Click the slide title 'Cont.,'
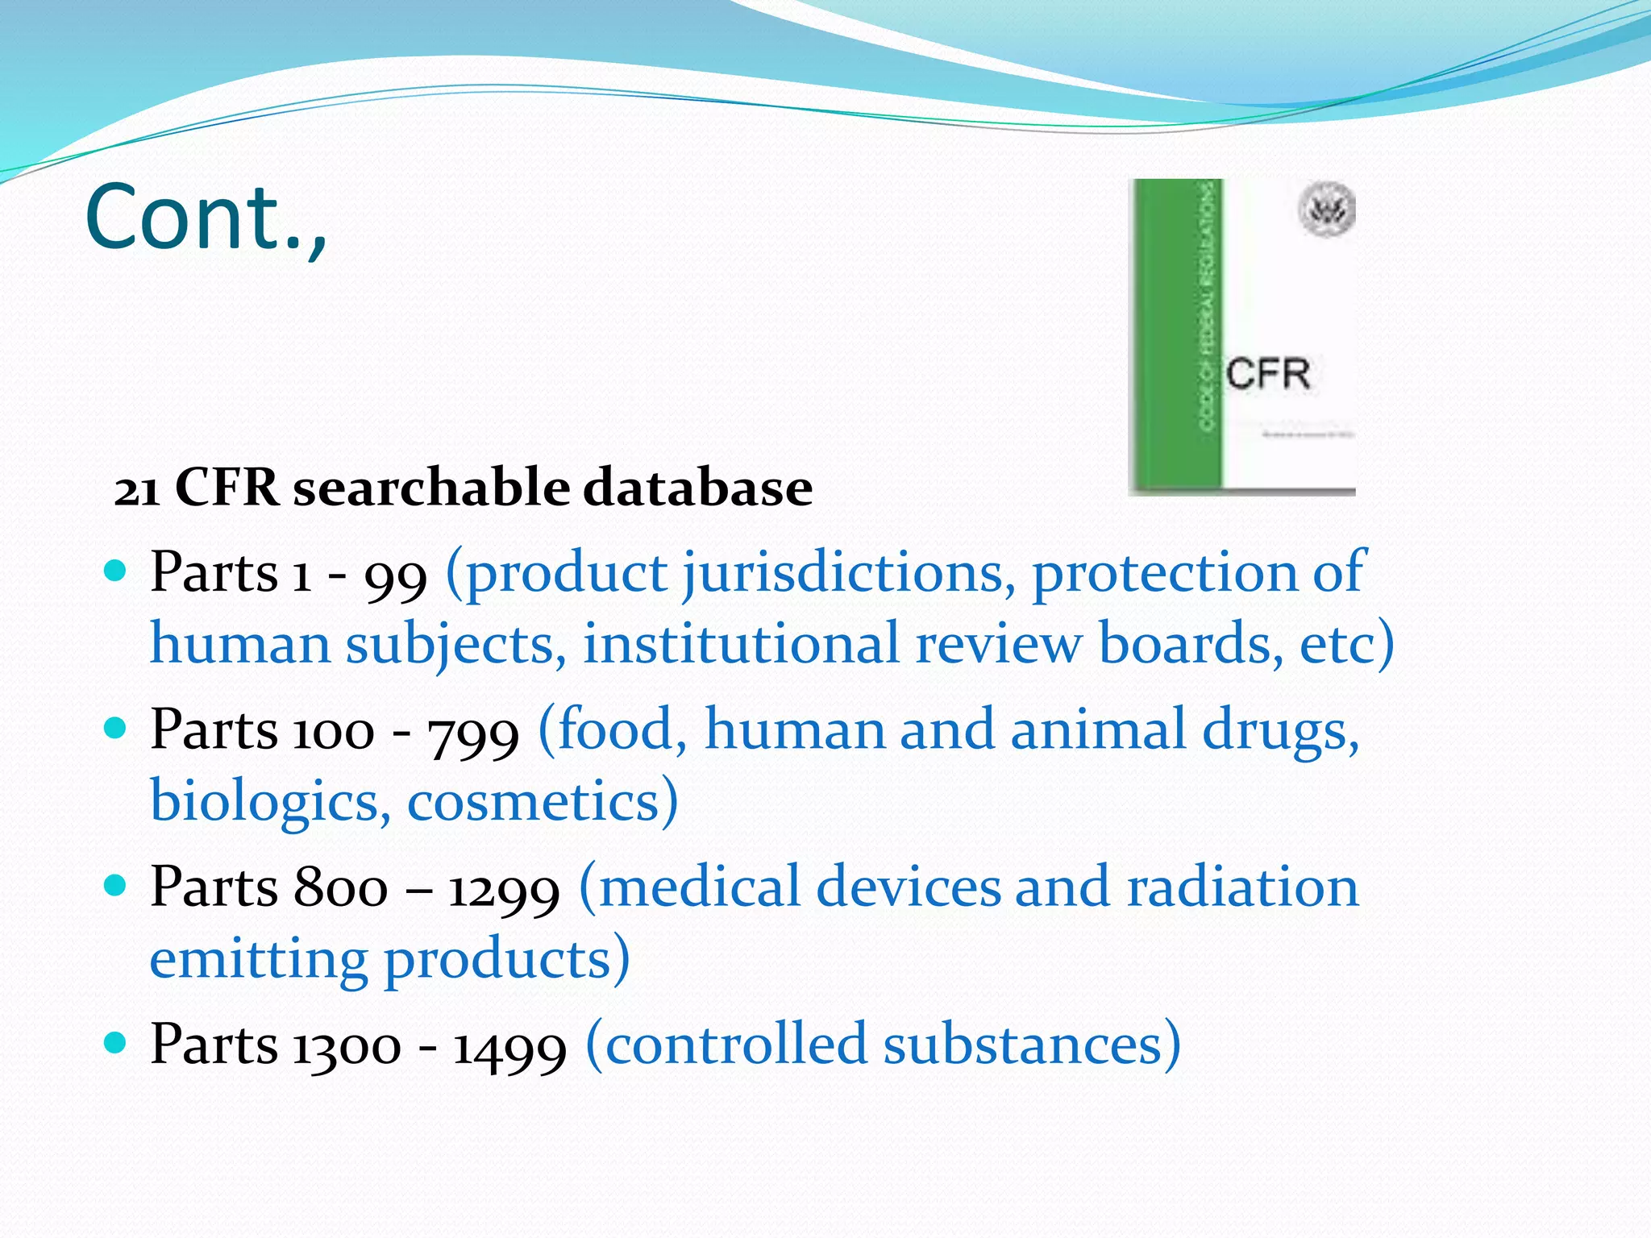coord(206,218)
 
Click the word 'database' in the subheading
coord(697,488)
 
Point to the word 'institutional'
coord(741,646)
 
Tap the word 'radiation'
coord(1242,887)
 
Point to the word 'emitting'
coord(259,959)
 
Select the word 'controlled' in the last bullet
coord(735,1045)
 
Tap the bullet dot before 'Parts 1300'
coord(117,1043)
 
